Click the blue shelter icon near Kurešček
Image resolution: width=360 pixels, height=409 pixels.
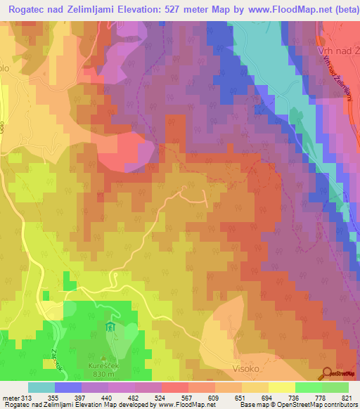click(109, 328)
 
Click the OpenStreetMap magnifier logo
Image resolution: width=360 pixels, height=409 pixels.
click(327, 374)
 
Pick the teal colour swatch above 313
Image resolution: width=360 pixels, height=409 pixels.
click(41, 387)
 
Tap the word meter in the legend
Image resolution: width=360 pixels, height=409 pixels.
click(12, 398)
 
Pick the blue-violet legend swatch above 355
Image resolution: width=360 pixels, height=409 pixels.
click(68, 387)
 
